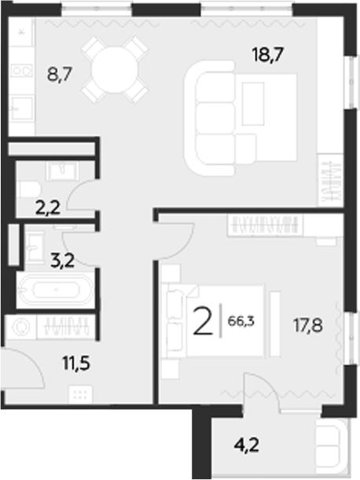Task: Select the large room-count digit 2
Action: pos(203,322)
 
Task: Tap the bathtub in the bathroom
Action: pos(55,291)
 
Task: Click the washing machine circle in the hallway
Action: pos(22,326)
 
